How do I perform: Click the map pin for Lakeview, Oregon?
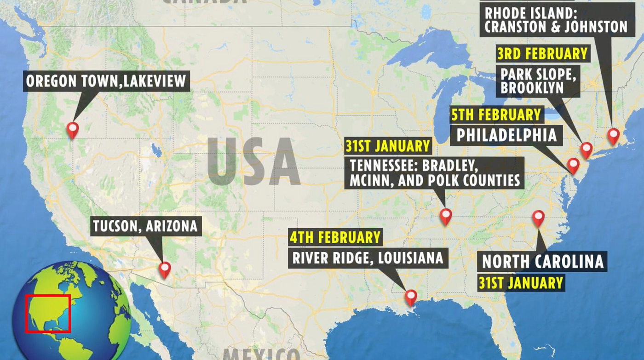[x=72, y=129]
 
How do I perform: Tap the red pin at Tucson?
[x=164, y=269]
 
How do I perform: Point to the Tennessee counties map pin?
[x=445, y=215]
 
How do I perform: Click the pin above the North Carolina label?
[x=538, y=217]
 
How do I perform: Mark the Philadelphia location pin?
[x=573, y=165]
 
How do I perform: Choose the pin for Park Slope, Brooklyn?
[x=586, y=149]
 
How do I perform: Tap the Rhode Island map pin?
[x=613, y=135]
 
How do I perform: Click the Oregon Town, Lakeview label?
[x=106, y=82]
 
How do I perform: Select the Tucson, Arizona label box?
[x=145, y=226]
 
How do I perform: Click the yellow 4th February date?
[x=335, y=238]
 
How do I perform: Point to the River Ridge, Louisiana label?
[x=368, y=257]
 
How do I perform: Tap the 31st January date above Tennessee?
[x=388, y=146]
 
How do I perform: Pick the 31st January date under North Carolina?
[x=521, y=282]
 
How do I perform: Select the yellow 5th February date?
[x=495, y=114]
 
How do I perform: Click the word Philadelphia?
[x=506, y=135]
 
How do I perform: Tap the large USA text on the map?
[x=253, y=162]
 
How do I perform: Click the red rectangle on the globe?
[x=47, y=314]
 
